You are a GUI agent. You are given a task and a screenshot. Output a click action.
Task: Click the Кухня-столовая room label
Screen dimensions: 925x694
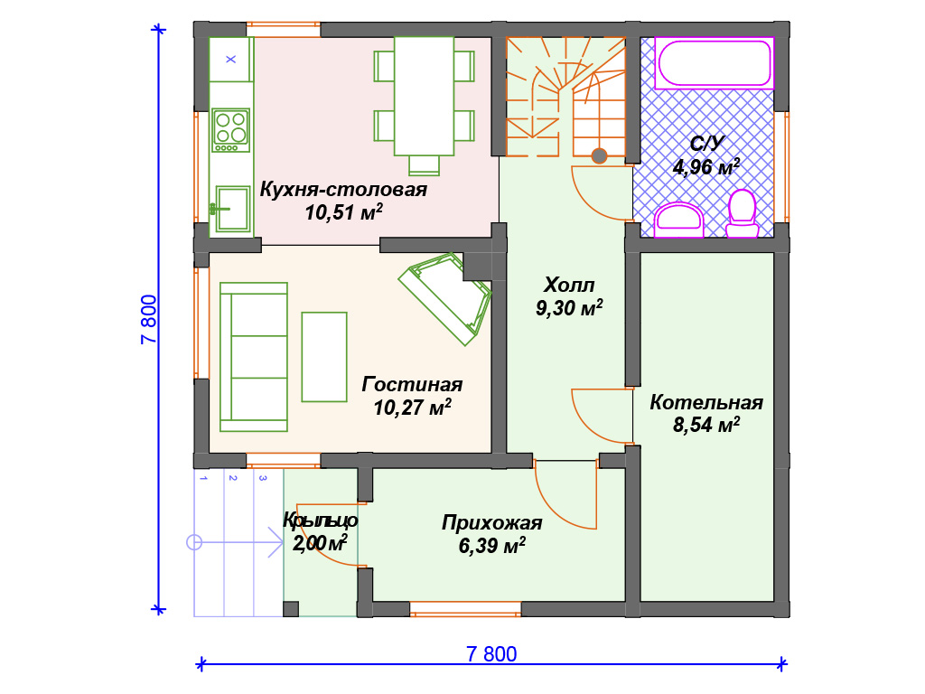[343, 190]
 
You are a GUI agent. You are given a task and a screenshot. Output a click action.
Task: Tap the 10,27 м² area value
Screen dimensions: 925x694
[412, 408]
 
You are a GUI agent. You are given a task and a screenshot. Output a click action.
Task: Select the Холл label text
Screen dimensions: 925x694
[569, 285]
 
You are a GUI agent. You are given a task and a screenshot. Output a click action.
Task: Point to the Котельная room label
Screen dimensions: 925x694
[706, 402]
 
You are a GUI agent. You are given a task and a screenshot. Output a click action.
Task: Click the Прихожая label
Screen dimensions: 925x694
[492, 523]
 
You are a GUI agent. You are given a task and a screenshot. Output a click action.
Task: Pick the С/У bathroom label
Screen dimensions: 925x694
[706, 144]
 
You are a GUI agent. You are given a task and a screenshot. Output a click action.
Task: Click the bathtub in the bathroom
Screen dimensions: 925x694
[714, 63]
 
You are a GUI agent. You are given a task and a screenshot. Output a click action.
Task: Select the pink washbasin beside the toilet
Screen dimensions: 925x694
[679, 220]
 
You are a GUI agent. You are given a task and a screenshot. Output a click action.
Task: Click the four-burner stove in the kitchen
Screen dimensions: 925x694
[231, 130]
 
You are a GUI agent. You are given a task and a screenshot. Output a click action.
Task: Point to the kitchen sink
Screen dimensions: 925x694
[232, 209]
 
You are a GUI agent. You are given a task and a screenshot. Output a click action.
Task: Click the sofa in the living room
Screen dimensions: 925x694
[254, 356]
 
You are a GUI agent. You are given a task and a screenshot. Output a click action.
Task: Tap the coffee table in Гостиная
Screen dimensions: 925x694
[324, 357]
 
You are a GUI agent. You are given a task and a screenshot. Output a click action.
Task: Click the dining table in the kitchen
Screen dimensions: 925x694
[425, 96]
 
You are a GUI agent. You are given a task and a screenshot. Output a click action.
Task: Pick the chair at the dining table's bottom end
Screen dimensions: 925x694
[425, 165]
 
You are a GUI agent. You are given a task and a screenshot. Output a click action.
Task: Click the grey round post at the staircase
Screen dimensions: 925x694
[600, 155]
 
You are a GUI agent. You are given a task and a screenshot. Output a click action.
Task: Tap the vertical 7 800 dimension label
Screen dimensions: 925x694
[149, 319]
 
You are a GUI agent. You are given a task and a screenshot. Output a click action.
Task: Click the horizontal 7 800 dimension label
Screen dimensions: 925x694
[491, 654]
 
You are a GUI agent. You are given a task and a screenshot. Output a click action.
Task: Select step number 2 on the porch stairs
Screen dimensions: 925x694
[233, 478]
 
